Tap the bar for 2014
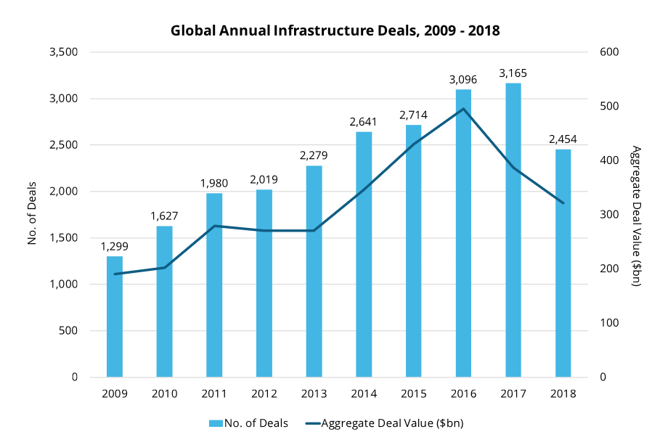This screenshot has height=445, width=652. click(364, 254)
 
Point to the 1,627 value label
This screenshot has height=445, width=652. click(164, 217)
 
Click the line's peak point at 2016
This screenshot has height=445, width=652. click(463, 109)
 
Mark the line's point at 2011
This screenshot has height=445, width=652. click(214, 226)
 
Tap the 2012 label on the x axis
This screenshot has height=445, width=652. click(264, 394)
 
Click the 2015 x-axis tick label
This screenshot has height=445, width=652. click(414, 394)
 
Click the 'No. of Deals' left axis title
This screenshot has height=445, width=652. click(32, 215)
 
